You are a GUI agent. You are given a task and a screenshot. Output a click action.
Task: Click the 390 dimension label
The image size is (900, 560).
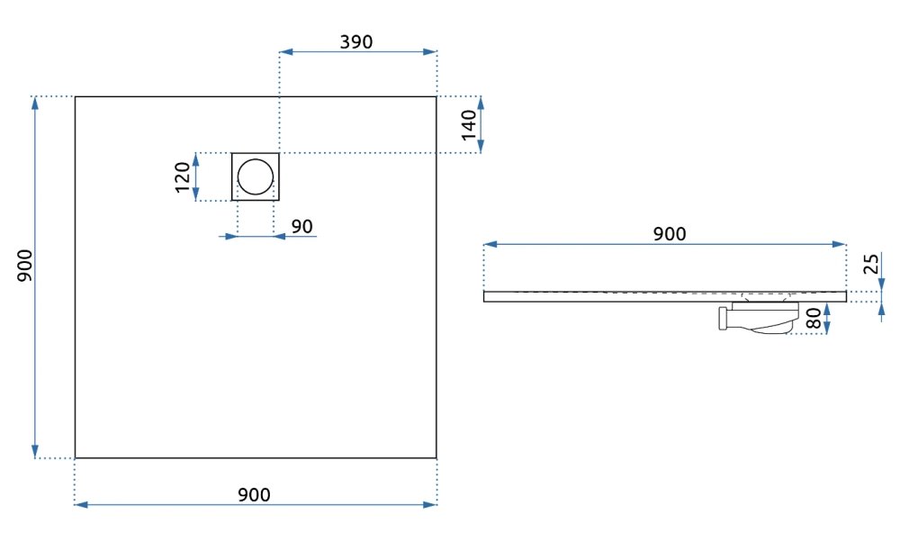355,42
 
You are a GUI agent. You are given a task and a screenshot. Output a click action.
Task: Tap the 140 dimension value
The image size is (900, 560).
469,124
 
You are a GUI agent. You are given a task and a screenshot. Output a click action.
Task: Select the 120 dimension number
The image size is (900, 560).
183,176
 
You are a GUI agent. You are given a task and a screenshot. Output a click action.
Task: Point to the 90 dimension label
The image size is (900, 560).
301,226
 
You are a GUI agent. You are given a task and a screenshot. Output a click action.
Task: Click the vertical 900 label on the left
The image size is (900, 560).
24,266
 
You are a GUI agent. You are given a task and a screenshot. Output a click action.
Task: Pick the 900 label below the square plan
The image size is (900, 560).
254,494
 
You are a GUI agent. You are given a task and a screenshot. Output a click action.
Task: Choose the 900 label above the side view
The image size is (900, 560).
670,234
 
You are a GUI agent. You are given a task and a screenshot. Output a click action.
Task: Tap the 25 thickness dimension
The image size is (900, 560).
871,264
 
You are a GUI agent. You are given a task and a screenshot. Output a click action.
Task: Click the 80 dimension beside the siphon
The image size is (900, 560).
814,318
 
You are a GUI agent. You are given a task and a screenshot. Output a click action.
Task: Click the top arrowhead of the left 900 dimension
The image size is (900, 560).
36,104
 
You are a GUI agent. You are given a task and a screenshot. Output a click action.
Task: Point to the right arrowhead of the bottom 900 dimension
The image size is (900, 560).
430,505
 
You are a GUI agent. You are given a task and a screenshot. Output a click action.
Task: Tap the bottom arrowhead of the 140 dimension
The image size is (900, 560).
481,146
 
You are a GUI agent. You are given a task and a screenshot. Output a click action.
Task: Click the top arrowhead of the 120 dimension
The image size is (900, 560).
196,159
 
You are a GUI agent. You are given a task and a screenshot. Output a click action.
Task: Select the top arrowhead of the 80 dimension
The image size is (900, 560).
826,310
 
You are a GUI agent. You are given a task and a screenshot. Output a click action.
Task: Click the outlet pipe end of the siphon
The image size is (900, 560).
723,318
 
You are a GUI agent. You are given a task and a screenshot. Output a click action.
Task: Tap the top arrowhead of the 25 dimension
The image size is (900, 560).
882,285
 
